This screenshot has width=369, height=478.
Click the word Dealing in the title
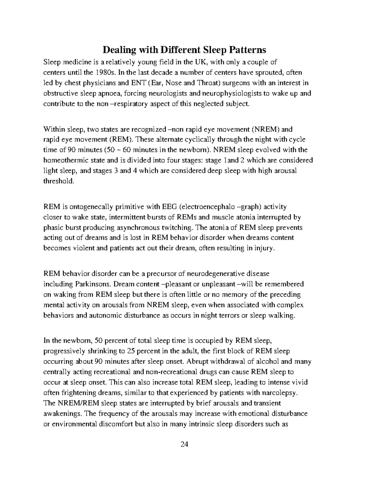(x=119, y=50)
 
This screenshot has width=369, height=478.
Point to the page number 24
(x=184, y=444)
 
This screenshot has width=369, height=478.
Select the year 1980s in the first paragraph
(x=105, y=73)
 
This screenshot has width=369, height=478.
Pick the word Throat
(x=208, y=83)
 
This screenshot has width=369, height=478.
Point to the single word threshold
(x=59, y=181)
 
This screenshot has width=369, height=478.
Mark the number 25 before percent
(x=130, y=351)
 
